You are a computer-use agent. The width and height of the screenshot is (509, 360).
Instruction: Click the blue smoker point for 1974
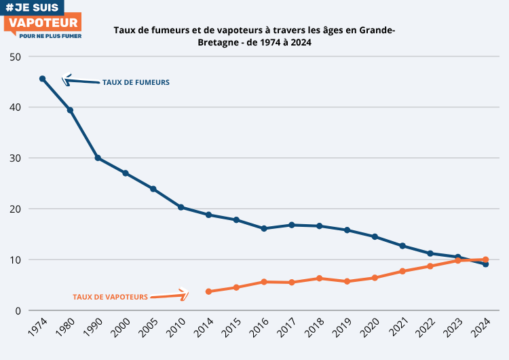click(x=42, y=79)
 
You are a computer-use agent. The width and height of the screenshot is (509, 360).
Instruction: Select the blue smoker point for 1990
click(x=98, y=158)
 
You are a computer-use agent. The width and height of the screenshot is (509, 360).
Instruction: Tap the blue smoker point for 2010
click(x=181, y=207)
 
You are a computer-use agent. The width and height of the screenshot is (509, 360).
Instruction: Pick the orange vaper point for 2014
click(x=208, y=291)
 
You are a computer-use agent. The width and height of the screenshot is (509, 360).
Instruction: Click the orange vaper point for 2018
click(x=319, y=278)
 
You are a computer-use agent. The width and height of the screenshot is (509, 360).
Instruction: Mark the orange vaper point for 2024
click(x=485, y=259)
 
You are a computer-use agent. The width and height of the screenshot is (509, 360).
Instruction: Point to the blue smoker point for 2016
click(x=264, y=228)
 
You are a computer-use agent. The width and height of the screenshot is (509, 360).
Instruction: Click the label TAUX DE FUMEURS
click(x=136, y=83)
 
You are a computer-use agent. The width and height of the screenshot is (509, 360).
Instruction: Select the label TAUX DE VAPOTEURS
click(x=110, y=297)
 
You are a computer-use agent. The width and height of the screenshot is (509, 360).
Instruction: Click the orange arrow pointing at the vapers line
click(x=168, y=295)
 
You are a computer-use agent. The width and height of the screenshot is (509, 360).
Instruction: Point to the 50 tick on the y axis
click(x=16, y=56)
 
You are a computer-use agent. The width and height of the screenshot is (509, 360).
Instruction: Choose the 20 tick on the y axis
click(x=16, y=209)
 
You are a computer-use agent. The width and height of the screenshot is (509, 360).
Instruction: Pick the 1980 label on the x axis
click(x=65, y=329)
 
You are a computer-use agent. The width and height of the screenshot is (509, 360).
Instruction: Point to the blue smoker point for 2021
click(x=402, y=246)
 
